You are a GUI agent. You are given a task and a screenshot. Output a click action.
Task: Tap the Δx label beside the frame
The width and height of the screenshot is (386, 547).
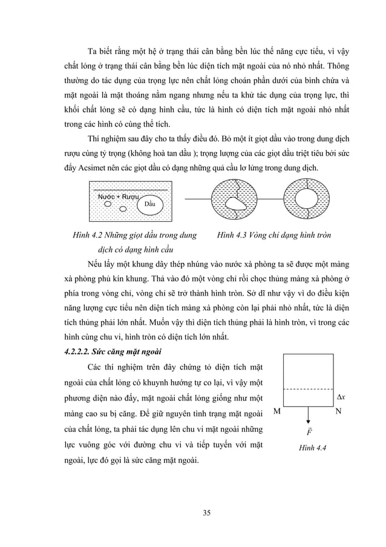click(340, 397)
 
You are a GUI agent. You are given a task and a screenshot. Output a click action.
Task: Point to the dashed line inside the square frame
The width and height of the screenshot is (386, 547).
click(309, 389)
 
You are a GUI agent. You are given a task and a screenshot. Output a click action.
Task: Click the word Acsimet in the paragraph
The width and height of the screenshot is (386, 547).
click(92, 167)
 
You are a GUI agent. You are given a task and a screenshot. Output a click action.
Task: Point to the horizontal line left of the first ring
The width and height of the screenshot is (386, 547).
click(197, 199)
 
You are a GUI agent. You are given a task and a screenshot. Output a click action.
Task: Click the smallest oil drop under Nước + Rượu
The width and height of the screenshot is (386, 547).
click(123, 210)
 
